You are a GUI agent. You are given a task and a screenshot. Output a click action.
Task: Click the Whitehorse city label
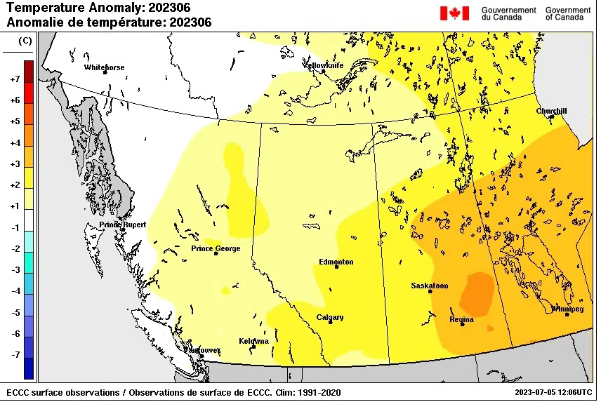104,67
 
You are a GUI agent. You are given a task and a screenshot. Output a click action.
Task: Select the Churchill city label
551,111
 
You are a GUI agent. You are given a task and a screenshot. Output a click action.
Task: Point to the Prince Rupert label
122,225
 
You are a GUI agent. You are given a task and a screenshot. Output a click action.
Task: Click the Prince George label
216,248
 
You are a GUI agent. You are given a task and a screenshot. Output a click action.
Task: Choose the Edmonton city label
336,262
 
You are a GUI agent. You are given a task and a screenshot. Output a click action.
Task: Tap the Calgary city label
329,317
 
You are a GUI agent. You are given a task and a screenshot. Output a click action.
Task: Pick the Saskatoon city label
429,286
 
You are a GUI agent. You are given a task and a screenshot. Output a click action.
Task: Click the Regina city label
461,319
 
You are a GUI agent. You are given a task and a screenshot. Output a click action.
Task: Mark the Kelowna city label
253,341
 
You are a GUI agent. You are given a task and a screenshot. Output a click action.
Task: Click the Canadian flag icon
454,13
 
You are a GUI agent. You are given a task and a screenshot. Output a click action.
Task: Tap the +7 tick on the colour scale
14,79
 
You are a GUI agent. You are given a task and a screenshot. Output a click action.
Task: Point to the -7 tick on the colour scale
14,355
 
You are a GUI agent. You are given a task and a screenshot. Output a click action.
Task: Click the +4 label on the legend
14,143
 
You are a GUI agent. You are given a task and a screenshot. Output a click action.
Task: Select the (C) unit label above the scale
25,41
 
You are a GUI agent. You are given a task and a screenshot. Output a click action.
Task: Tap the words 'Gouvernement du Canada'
508,13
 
